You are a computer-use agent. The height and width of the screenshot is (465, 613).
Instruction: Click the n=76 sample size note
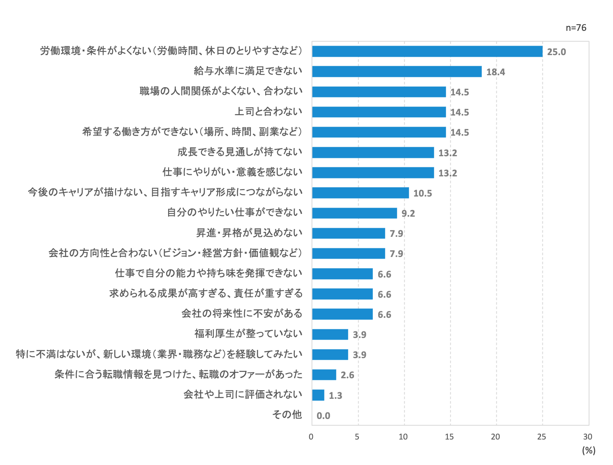(576, 28)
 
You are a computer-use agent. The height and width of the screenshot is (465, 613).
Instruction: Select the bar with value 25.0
(427, 51)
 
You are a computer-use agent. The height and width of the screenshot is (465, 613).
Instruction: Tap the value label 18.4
(495, 72)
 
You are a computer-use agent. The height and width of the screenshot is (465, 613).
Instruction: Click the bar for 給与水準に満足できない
(397, 72)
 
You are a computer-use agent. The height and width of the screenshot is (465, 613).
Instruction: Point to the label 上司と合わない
(268, 111)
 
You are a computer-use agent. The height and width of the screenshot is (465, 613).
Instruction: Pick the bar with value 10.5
(361, 193)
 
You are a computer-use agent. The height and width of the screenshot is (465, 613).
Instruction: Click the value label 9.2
(408, 213)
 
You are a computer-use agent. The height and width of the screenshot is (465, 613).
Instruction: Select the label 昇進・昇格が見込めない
(249, 233)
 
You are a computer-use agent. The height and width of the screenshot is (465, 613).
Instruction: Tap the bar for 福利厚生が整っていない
(330, 334)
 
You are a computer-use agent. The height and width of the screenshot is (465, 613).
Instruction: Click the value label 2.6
(347, 375)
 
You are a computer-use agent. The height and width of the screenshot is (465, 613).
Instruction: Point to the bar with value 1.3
(318, 395)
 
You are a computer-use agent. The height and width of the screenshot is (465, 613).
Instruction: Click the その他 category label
(287, 414)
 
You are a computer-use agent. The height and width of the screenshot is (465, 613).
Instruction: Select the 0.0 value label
(323, 416)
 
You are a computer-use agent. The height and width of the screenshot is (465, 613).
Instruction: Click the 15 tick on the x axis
(449, 437)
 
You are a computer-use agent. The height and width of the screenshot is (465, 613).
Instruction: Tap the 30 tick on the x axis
(588, 437)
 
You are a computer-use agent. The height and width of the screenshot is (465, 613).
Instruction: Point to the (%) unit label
(588, 450)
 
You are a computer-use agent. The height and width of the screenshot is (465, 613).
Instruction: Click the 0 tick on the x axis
(311, 437)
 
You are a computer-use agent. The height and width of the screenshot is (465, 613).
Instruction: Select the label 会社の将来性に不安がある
(242, 314)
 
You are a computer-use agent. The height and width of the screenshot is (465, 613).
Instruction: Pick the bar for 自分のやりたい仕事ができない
(354, 213)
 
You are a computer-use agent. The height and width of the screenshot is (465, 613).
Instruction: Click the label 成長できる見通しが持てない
(240, 152)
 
